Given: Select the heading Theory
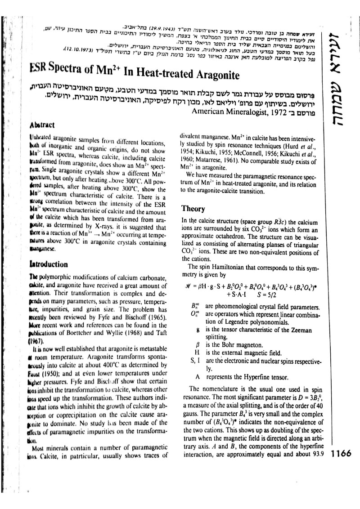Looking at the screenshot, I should coord(193,209).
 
